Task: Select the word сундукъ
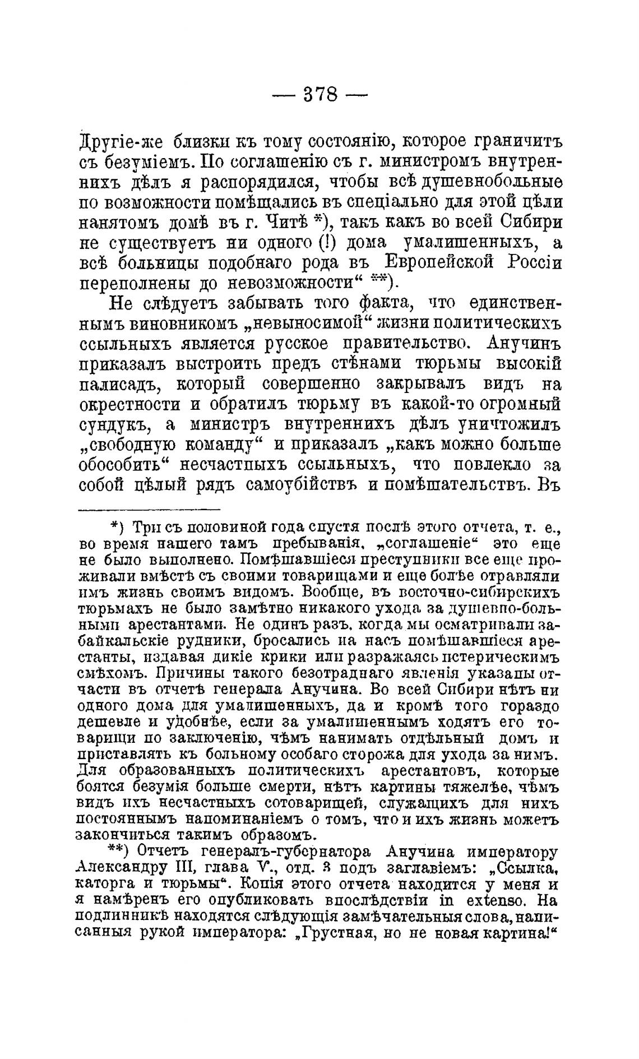tap(114, 426)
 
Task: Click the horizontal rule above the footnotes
tap(149, 509)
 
